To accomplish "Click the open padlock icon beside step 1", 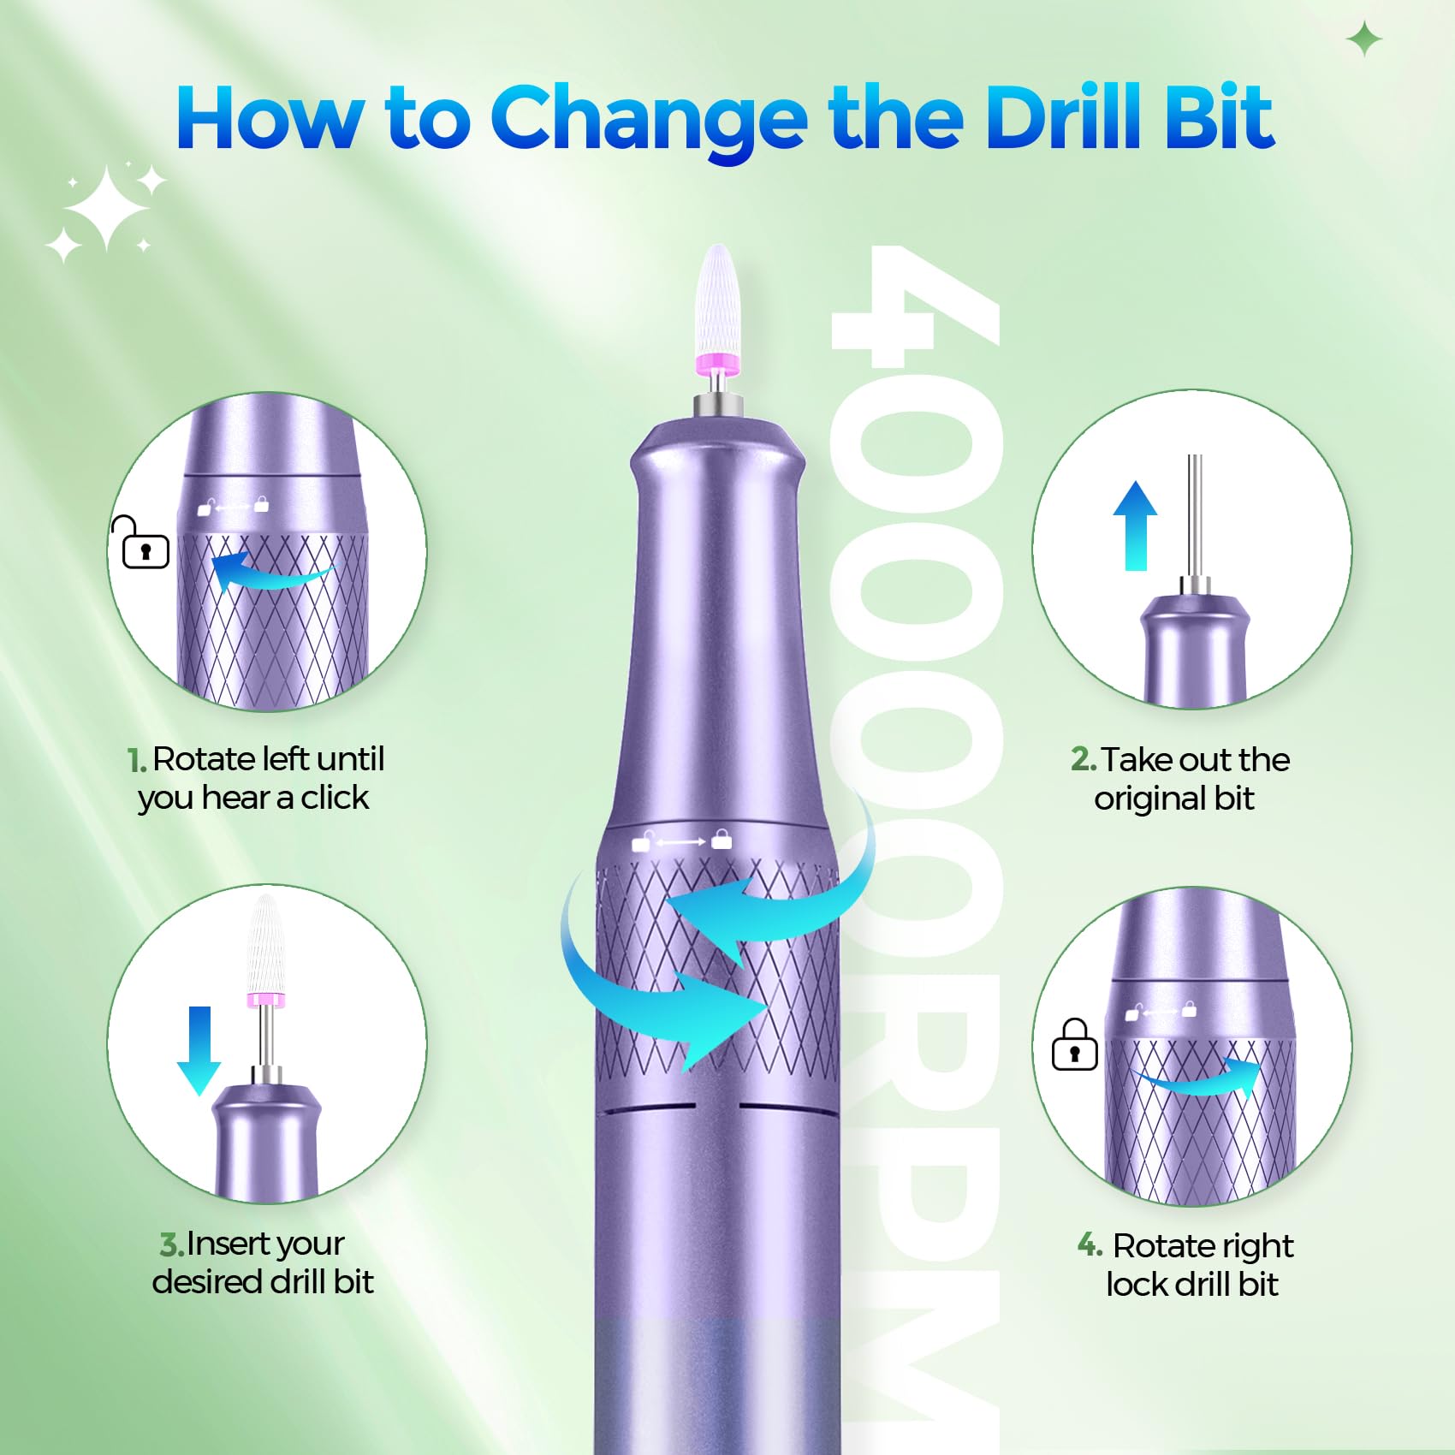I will tap(142, 543).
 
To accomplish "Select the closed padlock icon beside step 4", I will tap(1075, 1045).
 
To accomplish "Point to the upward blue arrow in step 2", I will tap(1135, 526).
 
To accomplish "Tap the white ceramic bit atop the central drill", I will tap(716, 300).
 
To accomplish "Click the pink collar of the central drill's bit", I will tap(717, 363).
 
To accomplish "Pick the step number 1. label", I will tap(137, 760).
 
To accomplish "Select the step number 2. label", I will tap(1083, 759).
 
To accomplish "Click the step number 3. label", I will tap(171, 1244).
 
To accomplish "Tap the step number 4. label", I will tap(1090, 1244).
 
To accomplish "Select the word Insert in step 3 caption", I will tap(225, 1244).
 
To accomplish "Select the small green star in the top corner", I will tap(1363, 39).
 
